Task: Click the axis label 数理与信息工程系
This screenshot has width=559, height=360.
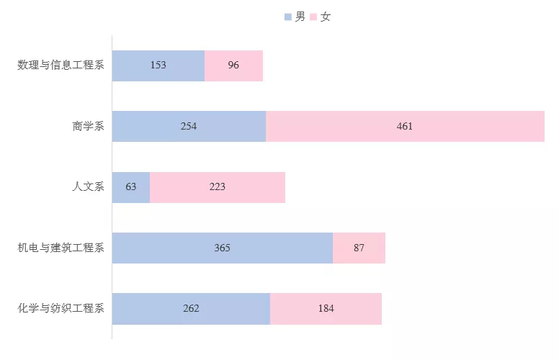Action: point(61,66)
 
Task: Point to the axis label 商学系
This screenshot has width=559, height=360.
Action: point(89,126)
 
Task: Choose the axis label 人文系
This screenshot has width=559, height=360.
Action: point(89,187)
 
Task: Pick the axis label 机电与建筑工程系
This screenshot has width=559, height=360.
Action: point(61,248)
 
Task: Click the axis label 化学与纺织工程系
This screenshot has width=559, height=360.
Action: point(61,308)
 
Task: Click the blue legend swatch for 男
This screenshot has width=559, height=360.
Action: point(288,17)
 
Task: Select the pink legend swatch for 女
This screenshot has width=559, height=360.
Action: point(313,17)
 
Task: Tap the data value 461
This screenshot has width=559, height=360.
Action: point(405,126)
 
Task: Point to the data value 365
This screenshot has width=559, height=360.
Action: point(222,248)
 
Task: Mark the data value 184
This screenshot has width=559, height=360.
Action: point(326,308)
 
